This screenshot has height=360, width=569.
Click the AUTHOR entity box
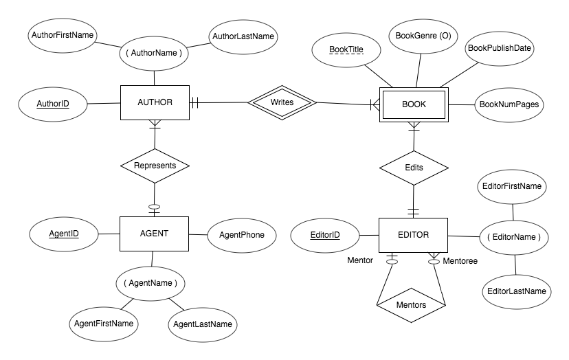coord(155,103)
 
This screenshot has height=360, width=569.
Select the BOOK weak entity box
coord(413,104)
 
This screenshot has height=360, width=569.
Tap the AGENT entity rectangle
coord(155,234)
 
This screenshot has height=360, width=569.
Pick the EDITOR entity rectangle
coord(413,235)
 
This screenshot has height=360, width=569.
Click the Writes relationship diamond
coord(282,103)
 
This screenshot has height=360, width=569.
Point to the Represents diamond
coord(155,166)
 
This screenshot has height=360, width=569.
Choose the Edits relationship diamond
coord(414,167)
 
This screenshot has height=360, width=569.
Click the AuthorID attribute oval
coord(53,104)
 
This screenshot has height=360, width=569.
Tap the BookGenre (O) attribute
coord(420,36)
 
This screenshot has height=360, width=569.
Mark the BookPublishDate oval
coord(500,48)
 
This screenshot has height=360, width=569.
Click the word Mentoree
coord(460,261)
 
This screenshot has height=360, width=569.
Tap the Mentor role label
coord(360,261)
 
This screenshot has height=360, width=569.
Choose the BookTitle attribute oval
coord(347,50)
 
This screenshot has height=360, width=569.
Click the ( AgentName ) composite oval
coord(150,282)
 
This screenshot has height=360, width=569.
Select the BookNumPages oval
coord(509,105)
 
